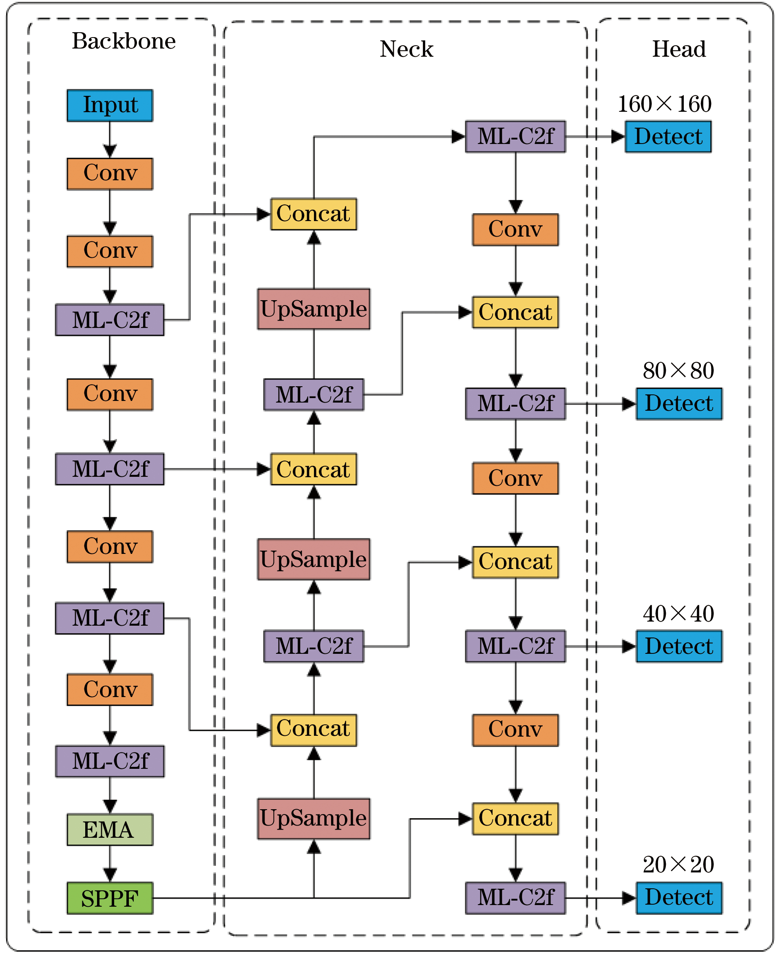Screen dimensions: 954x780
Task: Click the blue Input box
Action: pyautogui.click(x=110, y=106)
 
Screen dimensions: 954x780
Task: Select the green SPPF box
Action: pyautogui.click(x=110, y=898)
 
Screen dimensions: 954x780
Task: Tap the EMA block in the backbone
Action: pyautogui.click(x=110, y=830)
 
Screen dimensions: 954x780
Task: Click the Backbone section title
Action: pyautogui.click(x=124, y=41)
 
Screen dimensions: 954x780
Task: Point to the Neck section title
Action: pyautogui.click(x=406, y=49)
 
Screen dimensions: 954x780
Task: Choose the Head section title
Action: pyautogui.click(x=678, y=49)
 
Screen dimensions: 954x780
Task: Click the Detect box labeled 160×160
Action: pyautogui.click(x=668, y=137)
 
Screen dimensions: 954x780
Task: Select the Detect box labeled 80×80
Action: pyautogui.click(x=678, y=403)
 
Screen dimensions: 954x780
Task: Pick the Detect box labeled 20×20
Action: pyautogui.click(x=678, y=898)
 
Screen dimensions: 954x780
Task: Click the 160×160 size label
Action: pyautogui.click(x=664, y=104)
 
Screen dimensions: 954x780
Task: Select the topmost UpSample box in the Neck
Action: pyautogui.click(x=314, y=309)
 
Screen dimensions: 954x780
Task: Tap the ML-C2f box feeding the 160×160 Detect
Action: pyautogui.click(x=515, y=137)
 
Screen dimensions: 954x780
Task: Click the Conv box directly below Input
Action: pyautogui.click(x=110, y=174)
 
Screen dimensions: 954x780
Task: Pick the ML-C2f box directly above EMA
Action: pyautogui.click(x=110, y=761)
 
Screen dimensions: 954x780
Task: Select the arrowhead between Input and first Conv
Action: pyautogui.click(x=110, y=151)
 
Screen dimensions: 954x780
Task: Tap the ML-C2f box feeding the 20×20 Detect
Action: pyautogui.click(x=515, y=898)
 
